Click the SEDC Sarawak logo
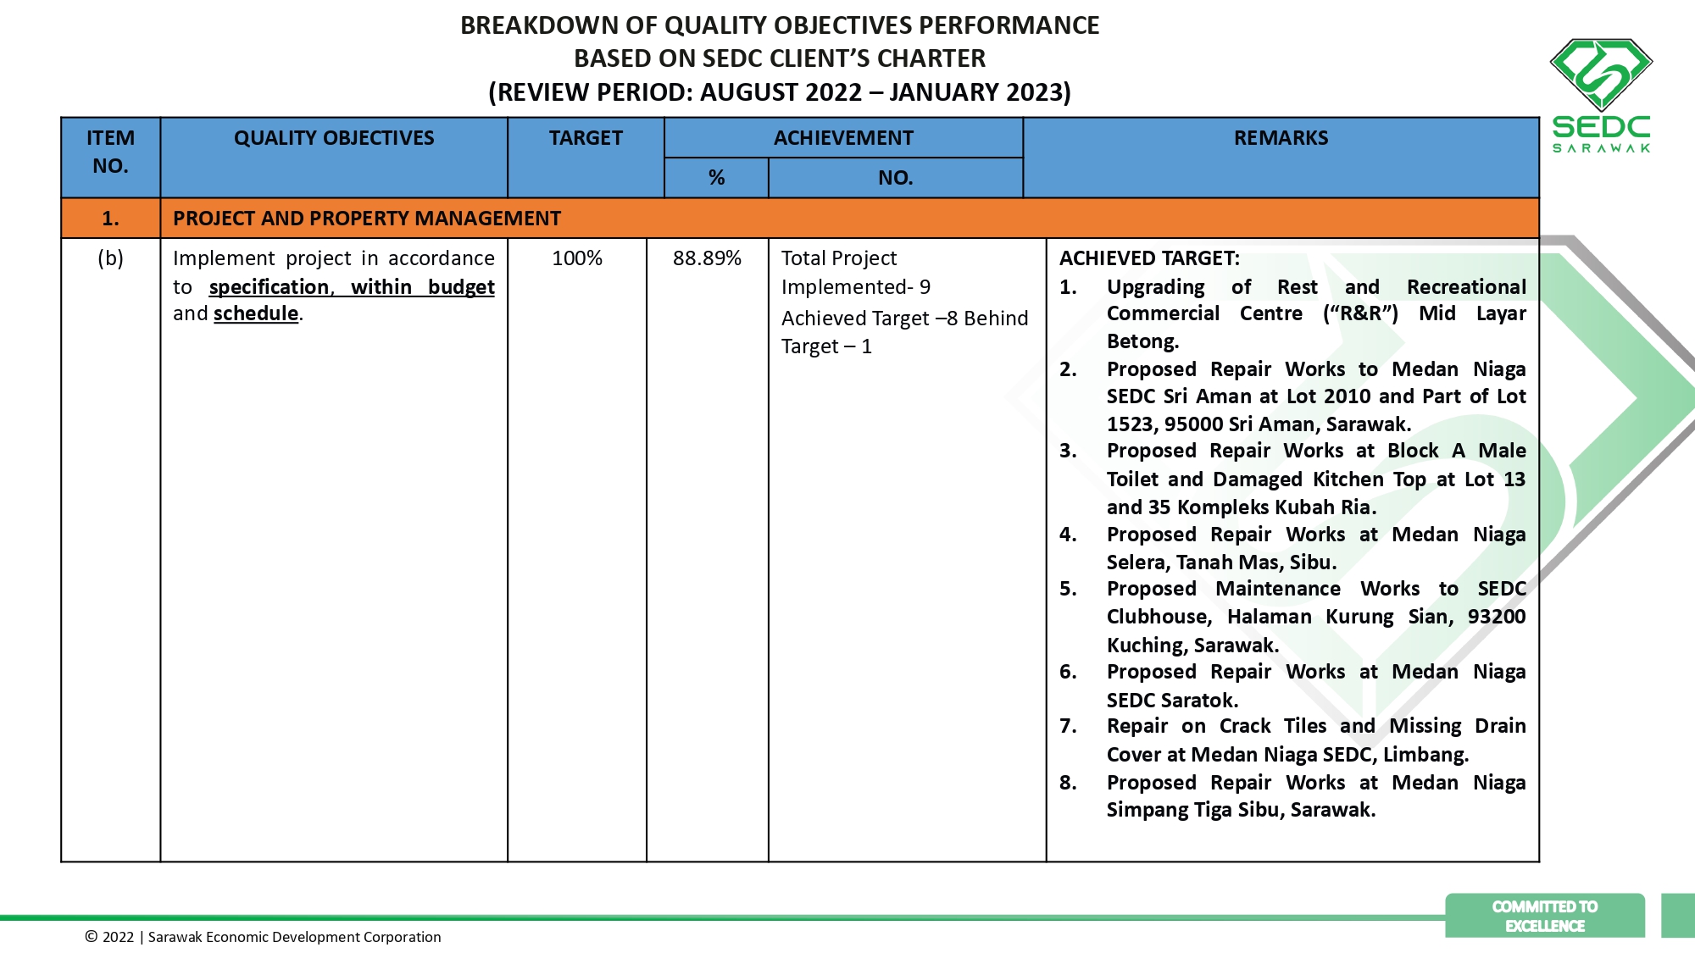(1601, 95)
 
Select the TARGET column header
(586, 138)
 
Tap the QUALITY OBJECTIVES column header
(334, 138)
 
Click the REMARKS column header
(1281, 138)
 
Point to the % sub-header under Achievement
(716, 178)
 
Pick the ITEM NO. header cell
(110, 152)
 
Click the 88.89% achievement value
(707, 258)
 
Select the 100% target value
(577, 258)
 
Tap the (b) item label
(110, 258)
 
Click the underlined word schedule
(256, 313)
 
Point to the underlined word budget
(461, 287)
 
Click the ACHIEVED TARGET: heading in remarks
(1149, 258)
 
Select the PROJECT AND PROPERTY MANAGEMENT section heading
(366, 219)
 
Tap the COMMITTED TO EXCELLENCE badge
(1544, 916)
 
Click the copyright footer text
(263, 937)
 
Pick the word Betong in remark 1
(1142, 341)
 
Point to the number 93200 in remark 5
(1496, 617)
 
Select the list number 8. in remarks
(1068, 783)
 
